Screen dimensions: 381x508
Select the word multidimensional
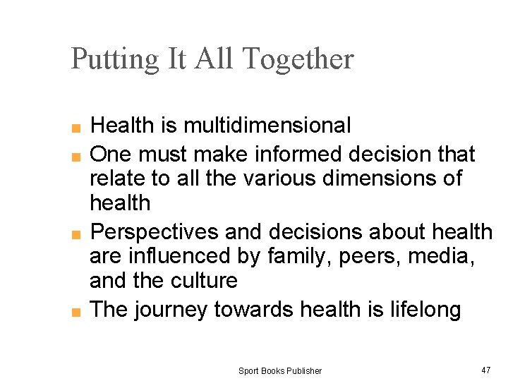(x=267, y=126)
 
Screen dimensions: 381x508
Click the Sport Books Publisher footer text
(x=279, y=370)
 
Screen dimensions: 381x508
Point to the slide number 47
(x=485, y=370)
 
